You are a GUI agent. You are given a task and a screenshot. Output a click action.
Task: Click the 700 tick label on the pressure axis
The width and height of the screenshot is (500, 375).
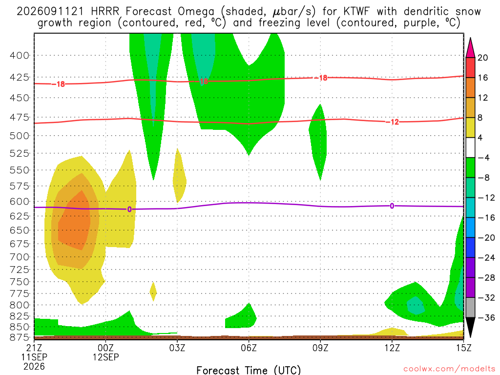19,257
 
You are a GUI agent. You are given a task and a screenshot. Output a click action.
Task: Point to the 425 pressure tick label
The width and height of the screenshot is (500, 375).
19,78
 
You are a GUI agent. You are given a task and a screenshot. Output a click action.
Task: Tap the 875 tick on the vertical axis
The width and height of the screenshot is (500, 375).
19,337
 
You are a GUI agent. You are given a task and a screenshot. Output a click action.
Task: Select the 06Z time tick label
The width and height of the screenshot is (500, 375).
249,348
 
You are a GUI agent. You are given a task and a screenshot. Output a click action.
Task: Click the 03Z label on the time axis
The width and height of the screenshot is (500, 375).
177,348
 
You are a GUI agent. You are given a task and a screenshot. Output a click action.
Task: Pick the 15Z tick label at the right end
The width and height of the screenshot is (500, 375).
463,348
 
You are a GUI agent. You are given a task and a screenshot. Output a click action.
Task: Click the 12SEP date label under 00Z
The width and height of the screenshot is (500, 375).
106,357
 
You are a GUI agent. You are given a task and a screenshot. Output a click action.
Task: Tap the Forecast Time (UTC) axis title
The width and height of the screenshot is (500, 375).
249,370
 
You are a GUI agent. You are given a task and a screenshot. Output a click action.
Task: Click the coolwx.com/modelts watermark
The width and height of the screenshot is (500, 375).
449,369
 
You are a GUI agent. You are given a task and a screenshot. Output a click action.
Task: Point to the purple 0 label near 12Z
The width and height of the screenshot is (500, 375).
392,206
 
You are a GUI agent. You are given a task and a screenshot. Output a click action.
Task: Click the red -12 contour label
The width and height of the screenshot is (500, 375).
395,122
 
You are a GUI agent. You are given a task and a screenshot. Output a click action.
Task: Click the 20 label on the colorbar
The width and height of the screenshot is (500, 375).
483,58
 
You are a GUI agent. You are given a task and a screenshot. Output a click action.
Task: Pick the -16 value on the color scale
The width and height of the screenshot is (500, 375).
486,218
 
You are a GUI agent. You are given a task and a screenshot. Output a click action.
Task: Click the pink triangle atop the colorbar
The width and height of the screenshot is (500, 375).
470,48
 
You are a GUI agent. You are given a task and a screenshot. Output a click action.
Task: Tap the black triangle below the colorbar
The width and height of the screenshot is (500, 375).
470,327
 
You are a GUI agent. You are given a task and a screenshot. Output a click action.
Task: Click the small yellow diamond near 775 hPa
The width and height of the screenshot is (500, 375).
153,292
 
